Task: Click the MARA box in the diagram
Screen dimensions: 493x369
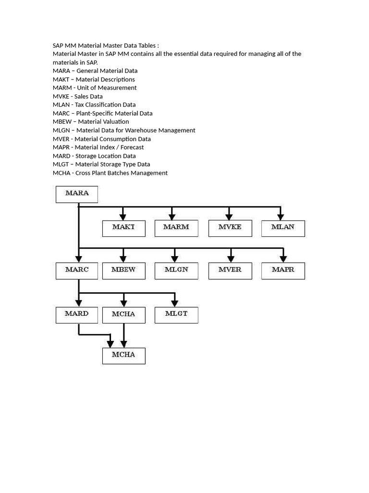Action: pos(77,194)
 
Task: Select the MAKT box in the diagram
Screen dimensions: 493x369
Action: pos(123,228)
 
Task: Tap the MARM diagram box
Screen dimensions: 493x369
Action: pos(176,228)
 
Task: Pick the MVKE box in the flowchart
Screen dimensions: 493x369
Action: pos(230,228)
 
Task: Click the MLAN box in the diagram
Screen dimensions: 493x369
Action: pos(283,228)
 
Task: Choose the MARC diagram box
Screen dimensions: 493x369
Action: pos(77,271)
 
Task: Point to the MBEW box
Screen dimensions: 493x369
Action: pos(123,271)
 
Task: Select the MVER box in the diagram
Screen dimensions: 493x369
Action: pos(230,271)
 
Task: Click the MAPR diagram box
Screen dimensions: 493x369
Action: pos(283,271)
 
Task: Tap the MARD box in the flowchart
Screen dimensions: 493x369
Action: pos(77,314)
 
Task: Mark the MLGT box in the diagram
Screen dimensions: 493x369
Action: pos(176,314)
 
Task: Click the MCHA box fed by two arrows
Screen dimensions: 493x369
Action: pos(123,355)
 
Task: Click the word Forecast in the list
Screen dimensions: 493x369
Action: pos(132,147)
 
